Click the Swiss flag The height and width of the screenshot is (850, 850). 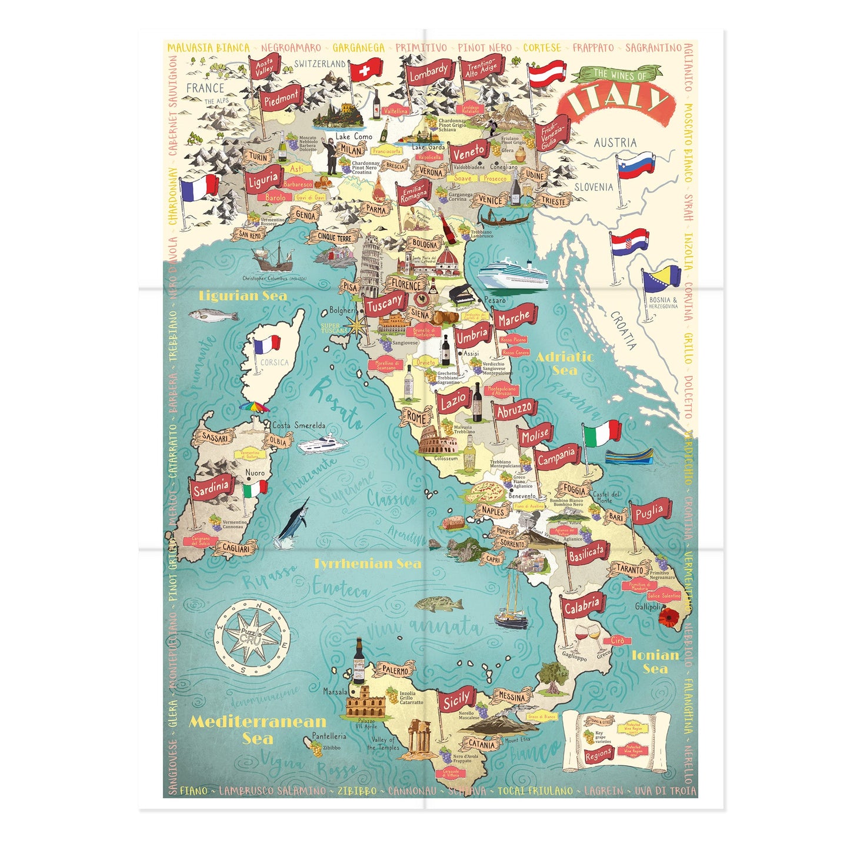(x=365, y=71)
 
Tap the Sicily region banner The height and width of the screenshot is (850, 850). (x=456, y=700)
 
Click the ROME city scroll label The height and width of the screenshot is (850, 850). (x=416, y=418)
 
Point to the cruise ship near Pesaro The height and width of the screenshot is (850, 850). (x=512, y=274)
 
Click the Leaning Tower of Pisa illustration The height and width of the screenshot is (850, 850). (x=371, y=265)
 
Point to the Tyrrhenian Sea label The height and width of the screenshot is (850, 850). (x=367, y=564)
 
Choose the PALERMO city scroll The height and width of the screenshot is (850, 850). (x=395, y=669)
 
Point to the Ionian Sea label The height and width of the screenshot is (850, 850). (x=655, y=661)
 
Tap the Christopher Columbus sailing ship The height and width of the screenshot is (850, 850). (x=272, y=257)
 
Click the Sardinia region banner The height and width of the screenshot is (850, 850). (x=211, y=487)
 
